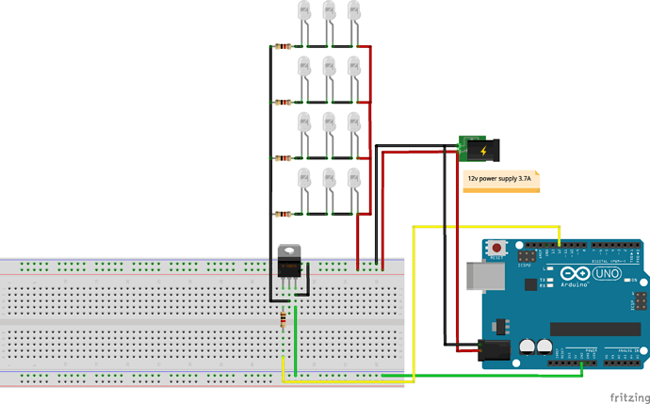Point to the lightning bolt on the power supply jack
[483, 150]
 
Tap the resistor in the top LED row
[284, 45]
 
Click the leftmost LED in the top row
[303, 13]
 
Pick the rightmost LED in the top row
[354, 13]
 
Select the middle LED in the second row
[329, 68]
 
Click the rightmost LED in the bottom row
[354, 179]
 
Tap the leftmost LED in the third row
[303, 123]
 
